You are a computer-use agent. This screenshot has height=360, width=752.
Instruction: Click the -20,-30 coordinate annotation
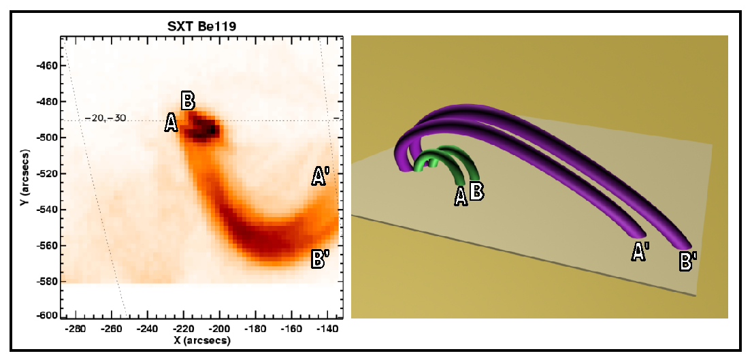coord(105,118)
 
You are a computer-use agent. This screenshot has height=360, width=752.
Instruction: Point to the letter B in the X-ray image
coord(189,101)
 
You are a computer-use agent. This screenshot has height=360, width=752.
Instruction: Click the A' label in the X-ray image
coord(320,178)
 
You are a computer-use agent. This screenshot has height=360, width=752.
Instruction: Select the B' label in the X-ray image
coord(320,259)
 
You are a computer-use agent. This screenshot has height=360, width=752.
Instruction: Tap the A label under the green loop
coord(461,196)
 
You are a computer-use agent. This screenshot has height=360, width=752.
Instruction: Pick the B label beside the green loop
coord(476,191)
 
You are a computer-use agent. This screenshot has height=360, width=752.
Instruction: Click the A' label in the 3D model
coord(640,252)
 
